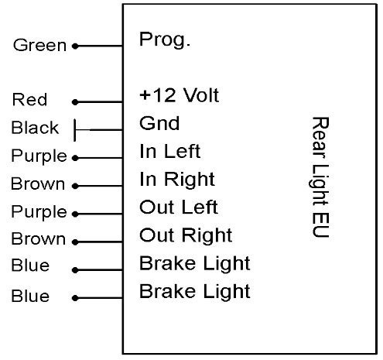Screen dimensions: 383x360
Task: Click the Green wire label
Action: tap(39, 46)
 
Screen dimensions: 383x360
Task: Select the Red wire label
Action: tap(29, 99)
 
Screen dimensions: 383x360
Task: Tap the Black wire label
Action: tap(35, 128)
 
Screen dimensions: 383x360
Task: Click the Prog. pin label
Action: tap(165, 39)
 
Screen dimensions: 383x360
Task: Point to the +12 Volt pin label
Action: tap(180, 95)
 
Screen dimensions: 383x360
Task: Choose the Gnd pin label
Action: tap(159, 123)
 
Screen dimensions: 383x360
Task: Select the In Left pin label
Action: tap(170, 151)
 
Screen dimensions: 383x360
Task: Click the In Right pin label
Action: tap(177, 180)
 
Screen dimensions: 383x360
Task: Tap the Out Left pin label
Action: tap(179, 207)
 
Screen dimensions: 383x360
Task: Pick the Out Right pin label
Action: tap(186, 235)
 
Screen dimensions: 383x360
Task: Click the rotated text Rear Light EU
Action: tap(320, 177)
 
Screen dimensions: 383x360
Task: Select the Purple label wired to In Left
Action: tap(39, 156)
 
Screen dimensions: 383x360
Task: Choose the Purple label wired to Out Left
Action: tap(39, 212)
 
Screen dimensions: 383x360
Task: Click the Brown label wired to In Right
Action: tap(38, 183)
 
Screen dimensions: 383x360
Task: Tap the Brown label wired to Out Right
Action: tap(39, 238)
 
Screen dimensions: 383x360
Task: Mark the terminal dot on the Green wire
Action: tap(75, 46)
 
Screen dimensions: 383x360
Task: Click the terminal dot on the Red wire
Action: tap(75, 102)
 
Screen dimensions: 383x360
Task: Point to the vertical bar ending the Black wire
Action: tap(75, 130)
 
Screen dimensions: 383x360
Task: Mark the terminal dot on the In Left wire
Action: tap(75, 158)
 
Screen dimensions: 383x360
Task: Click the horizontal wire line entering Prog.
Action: tap(99, 46)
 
